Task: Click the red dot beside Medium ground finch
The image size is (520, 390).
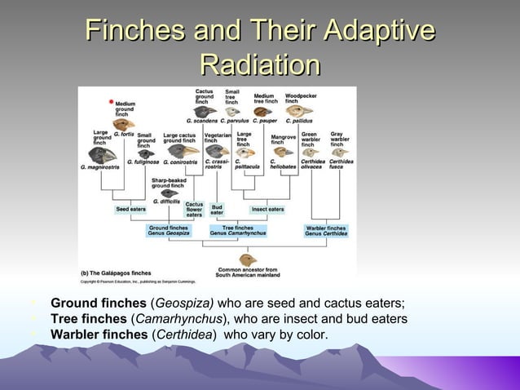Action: click(x=111, y=101)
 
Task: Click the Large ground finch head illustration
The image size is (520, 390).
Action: click(x=104, y=153)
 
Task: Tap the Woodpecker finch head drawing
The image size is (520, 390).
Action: click(x=295, y=111)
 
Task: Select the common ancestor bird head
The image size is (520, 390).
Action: click(x=247, y=260)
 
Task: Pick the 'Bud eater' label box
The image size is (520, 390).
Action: click(x=217, y=210)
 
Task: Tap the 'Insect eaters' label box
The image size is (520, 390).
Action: click(x=267, y=210)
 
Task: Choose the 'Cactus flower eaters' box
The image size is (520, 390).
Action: click(x=194, y=210)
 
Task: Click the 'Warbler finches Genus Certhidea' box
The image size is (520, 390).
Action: click(x=326, y=231)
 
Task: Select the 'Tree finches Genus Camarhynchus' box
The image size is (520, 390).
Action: click(x=237, y=231)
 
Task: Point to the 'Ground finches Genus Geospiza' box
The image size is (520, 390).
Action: click(x=169, y=231)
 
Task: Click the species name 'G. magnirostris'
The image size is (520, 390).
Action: click(x=99, y=167)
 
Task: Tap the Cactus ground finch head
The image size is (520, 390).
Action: click(x=206, y=111)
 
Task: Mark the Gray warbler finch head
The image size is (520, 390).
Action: click(x=340, y=152)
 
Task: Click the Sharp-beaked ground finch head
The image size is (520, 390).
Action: click(x=170, y=193)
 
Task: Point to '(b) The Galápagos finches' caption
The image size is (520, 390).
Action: click(x=117, y=272)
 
